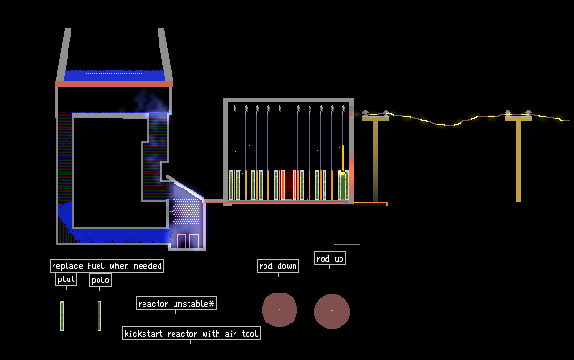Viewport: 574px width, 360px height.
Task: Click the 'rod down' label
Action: (x=278, y=266)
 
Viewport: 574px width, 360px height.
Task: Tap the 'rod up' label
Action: (x=330, y=259)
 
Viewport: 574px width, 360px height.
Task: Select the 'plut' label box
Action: (x=66, y=279)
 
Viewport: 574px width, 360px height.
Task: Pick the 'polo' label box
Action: (x=100, y=280)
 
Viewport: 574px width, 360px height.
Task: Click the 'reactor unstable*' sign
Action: (x=176, y=304)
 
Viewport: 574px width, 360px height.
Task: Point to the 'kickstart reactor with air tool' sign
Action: (x=191, y=334)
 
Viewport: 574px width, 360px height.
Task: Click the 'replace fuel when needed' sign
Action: (x=107, y=266)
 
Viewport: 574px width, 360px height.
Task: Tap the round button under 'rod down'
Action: (x=279, y=310)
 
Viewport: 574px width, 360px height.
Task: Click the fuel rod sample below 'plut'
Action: (x=62, y=316)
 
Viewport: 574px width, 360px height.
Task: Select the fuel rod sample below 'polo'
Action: (x=99, y=316)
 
